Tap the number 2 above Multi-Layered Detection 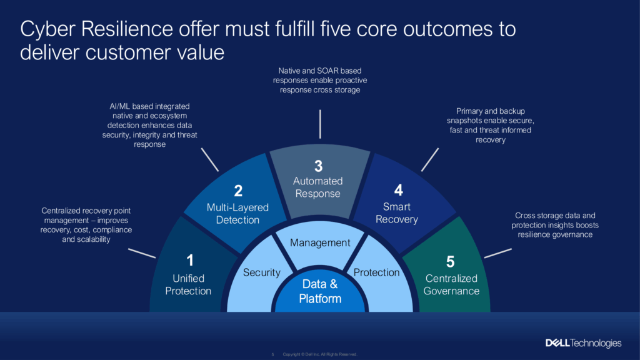pos(237,191)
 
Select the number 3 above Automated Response pos(318,166)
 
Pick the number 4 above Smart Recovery pos(398,190)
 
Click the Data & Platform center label pos(320,291)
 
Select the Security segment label pos(262,272)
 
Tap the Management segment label pos(320,242)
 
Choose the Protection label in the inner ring pos(376,272)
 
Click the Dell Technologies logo pos(583,343)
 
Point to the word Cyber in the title pos(49,29)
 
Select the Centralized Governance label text pos(451,284)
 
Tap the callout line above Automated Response pos(320,124)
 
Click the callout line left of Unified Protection pos(142,253)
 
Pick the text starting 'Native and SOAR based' pos(320,81)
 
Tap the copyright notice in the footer pos(319,354)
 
